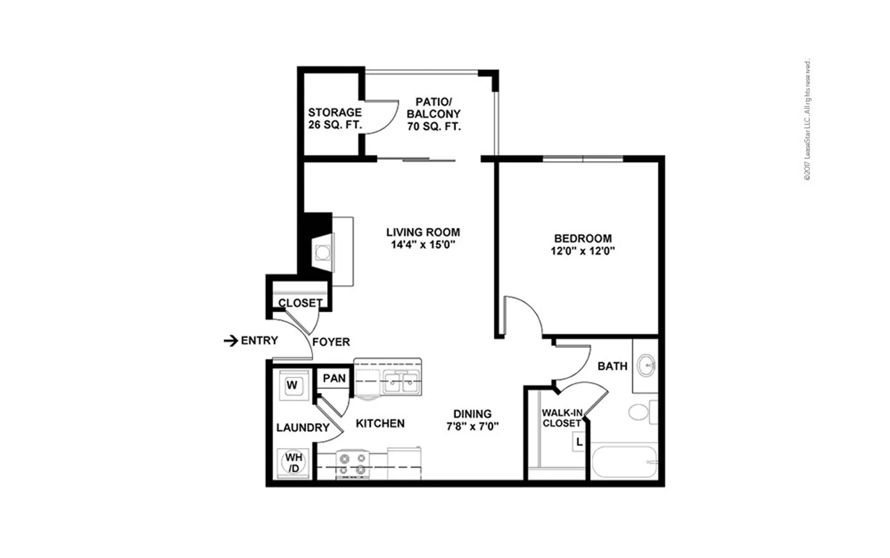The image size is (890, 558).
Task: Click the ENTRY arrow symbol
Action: point(231,341)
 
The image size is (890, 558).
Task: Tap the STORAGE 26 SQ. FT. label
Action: point(335,119)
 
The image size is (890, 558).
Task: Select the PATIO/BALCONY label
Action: point(434,107)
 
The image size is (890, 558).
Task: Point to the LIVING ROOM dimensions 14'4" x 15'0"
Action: point(422,245)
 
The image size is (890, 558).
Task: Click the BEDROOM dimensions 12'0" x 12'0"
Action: point(582,251)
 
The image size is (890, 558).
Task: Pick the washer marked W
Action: point(292,385)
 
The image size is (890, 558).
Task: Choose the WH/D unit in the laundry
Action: point(293,463)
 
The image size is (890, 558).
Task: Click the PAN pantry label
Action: point(334,378)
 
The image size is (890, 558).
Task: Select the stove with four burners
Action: point(352,465)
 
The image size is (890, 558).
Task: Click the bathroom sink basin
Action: point(646,365)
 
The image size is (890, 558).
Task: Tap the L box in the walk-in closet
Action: point(579,442)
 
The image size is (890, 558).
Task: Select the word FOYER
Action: point(331,342)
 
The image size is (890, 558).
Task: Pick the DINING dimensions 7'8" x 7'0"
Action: point(472,426)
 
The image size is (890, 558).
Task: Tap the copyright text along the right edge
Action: point(808,120)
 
